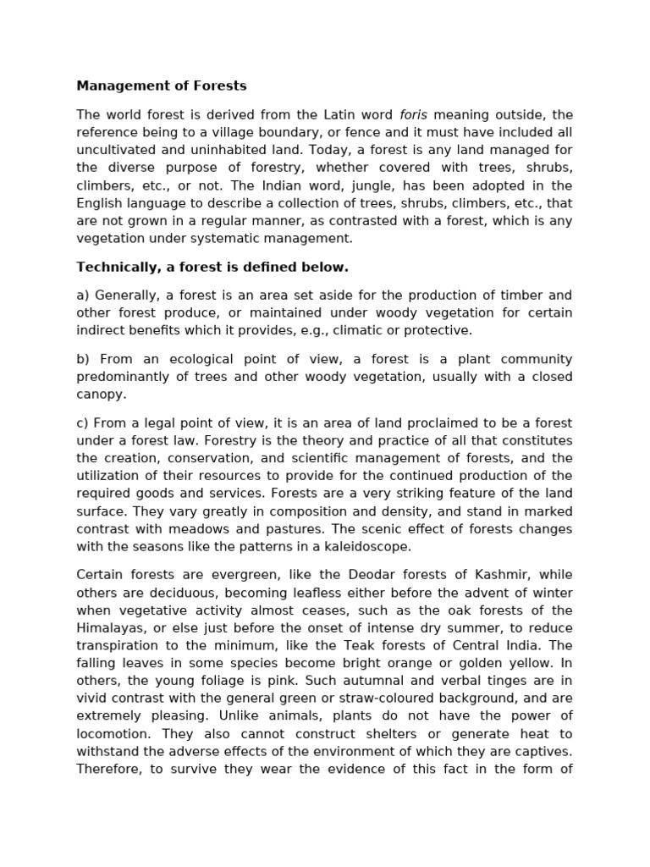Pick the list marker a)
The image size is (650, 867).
[x=83, y=295]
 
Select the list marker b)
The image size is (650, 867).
[x=83, y=359]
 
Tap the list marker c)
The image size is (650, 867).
[x=82, y=423]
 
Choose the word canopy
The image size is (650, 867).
[x=101, y=395]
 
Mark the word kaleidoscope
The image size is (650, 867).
[x=367, y=547]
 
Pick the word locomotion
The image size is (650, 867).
[x=114, y=733]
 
